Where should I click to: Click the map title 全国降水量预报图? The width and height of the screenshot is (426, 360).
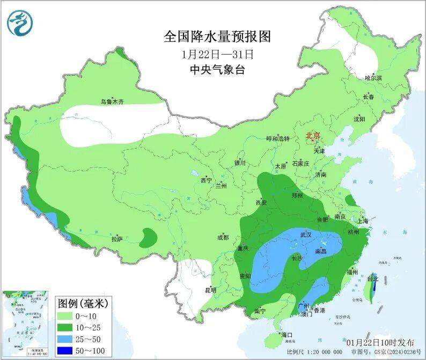tap(217, 36)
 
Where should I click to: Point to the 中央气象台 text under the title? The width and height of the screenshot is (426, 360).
tap(217, 70)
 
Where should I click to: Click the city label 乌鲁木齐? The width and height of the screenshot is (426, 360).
tap(112, 101)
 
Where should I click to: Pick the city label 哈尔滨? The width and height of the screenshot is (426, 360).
tap(373, 78)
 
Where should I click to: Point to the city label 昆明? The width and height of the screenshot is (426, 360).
tap(210, 290)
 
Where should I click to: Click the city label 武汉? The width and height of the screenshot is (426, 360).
tap(306, 235)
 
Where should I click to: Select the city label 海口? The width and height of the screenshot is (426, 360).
tap(287, 335)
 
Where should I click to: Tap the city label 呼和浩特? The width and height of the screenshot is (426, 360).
tap(278, 138)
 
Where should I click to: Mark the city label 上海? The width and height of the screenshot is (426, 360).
tap(363, 221)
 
